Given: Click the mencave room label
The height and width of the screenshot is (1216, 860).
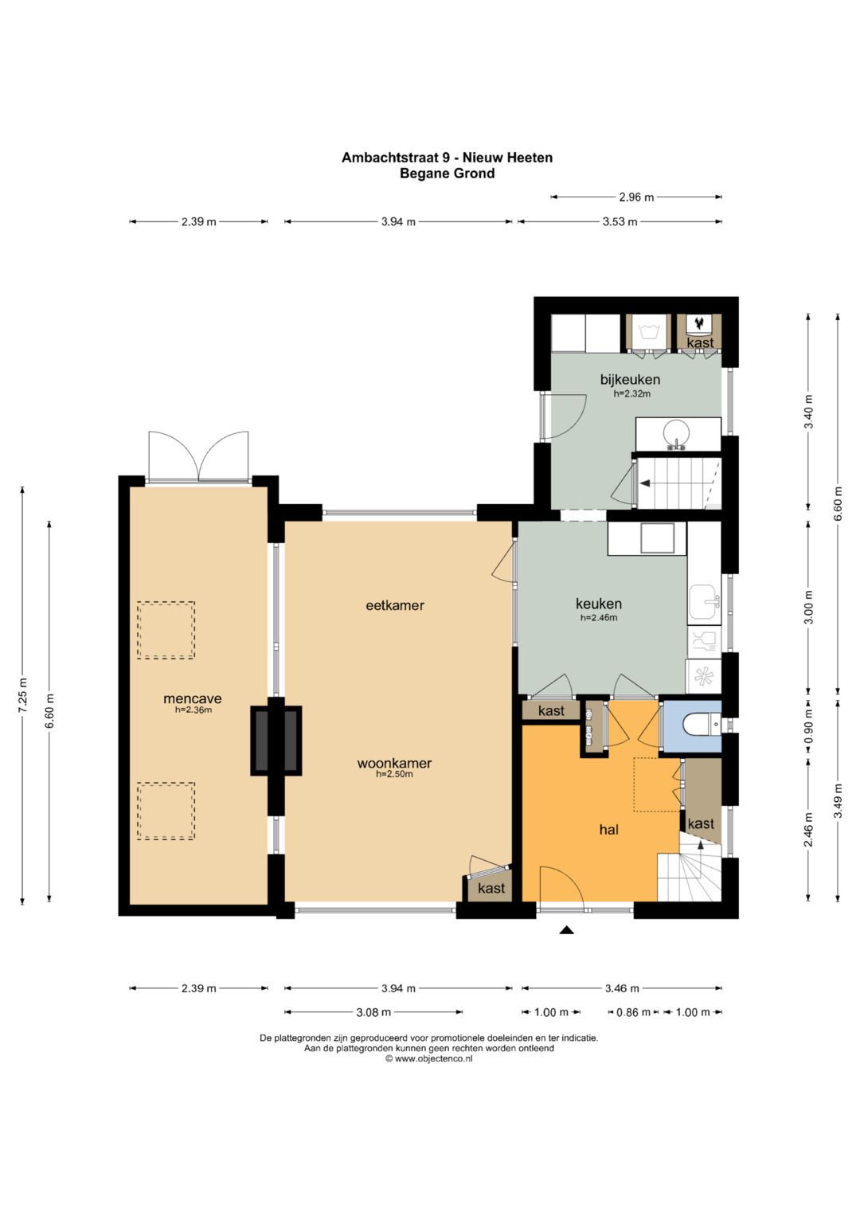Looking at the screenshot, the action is (193, 698).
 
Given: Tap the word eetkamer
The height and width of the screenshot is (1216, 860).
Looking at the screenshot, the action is (395, 605).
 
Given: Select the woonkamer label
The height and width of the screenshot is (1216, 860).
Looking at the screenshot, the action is (394, 763).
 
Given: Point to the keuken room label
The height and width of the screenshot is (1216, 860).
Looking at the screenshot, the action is (599, 604).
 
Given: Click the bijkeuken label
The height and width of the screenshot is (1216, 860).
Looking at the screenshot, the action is (630, 380).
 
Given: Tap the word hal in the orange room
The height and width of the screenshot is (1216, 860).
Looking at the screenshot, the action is (608, 829).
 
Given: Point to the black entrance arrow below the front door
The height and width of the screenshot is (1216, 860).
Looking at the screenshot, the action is (567, 930).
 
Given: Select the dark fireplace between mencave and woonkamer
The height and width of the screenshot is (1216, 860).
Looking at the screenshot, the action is (276, 741).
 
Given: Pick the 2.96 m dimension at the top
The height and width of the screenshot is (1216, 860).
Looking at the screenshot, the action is (636, 197).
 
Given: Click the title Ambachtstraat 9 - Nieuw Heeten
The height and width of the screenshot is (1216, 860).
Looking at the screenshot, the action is (447, 158).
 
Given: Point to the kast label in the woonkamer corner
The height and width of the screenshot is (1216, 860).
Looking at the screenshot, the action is (491, 888).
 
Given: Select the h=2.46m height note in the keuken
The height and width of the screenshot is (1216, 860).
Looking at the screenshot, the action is (599, 617).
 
